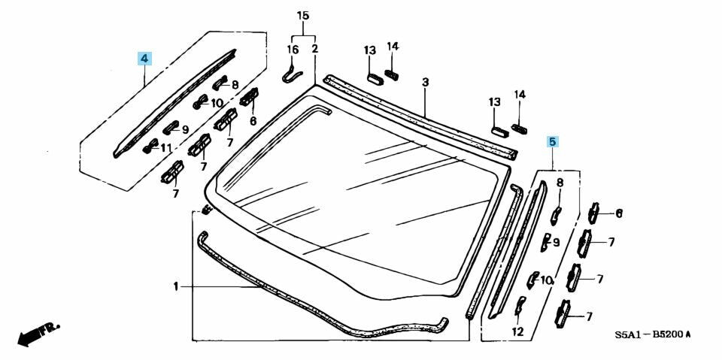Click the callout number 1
[x=175, y=286]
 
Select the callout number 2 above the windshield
[x=314, y=49]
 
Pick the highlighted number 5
[x=552, y=141]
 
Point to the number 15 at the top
[x=303, y=16]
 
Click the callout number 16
[x=293, y=49]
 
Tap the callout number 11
[x=166, y=147]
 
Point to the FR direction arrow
[x=36, y=334]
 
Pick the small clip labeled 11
[x=149, y=145]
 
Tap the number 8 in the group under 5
[x=559, y=183]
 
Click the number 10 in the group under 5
[x=547, y=280]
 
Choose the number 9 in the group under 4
[x=185, y=129]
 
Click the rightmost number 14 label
[x=520, y=95]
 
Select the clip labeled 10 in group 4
[x=199, y=102]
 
